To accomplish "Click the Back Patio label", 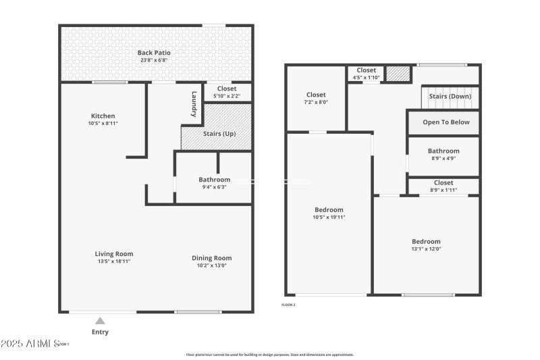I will tap(154, 53).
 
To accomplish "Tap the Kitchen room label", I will tap(103, 116).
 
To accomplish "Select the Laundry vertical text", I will tap(194, 104).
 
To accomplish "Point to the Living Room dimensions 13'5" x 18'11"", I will tap(113, 261).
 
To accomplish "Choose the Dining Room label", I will tap(212, 258).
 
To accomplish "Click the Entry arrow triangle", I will tap(100, 321).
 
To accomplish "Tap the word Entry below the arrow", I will tap(100, 332).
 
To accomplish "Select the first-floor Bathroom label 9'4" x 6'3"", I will tap(214, 180).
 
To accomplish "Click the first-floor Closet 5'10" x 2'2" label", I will tap(227, 89).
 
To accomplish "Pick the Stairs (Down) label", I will tap(450, 97).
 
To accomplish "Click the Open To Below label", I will tap(446, 122).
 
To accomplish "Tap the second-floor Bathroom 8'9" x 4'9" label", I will tap(443, 151).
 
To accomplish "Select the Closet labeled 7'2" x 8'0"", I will tap(316, 95).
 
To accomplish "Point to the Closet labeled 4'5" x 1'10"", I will tap(367, 70).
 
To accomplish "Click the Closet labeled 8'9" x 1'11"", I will tap(443, 183).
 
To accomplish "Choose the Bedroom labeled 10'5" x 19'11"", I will tap(329, 210).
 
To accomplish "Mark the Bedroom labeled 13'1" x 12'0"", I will tap(426, 242).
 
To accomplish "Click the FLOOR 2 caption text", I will tap(288, 305).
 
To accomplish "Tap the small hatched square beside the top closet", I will tap(398, 73).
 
